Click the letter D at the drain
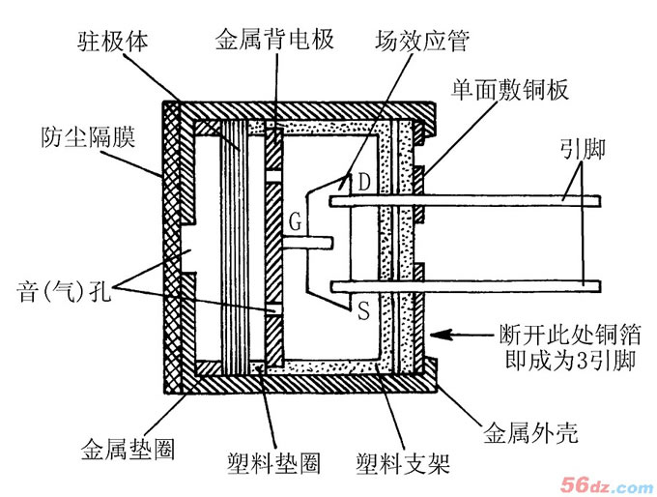click(363, 182)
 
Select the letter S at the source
click(363, 311)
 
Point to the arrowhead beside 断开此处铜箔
click(437, 335)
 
